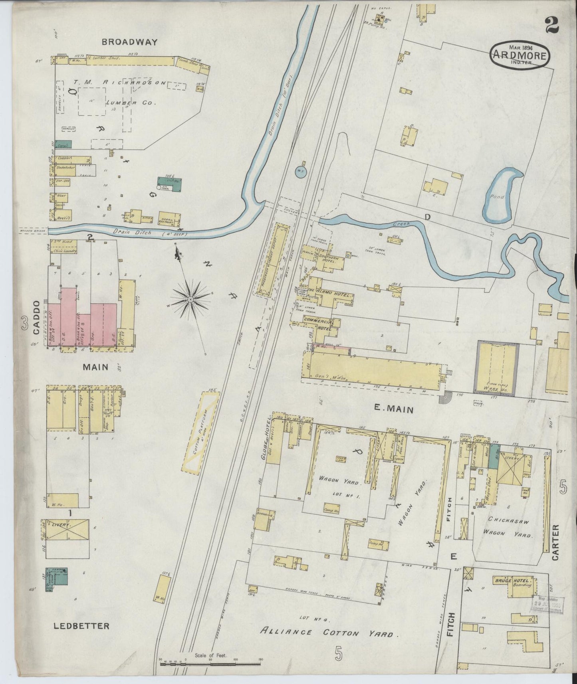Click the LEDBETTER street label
[81, 625]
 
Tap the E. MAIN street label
[394, 409]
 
